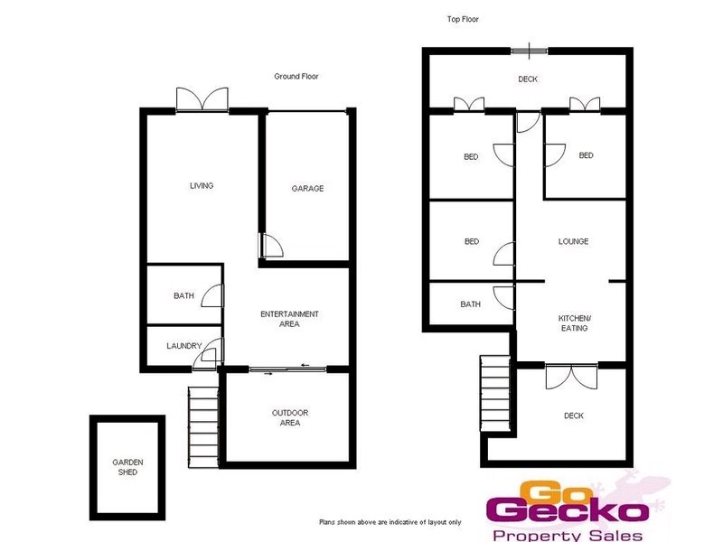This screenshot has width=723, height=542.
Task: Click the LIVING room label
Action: coord(201,186)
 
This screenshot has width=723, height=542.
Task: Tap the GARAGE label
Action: coord(307,189)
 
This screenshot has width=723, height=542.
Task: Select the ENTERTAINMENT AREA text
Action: coord(289,319)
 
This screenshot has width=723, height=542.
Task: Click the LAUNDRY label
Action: coord(183,346)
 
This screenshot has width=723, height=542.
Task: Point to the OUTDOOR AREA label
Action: coord(290,417)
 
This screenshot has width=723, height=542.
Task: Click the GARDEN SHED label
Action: coord(127,467)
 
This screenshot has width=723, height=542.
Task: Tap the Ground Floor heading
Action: coord(296,77)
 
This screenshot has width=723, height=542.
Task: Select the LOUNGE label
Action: coord(573,241)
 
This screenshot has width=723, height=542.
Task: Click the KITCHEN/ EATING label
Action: coord(573,323)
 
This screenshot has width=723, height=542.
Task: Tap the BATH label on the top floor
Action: coord(470,304)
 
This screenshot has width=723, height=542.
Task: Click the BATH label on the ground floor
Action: coord(183,295)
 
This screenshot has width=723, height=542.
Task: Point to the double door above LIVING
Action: coord(202,98)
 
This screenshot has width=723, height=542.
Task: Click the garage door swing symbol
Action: coord(268,244)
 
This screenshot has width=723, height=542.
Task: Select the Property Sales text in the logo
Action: coord(565,535)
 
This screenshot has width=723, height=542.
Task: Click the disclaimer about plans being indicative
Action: coord(390,522)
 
